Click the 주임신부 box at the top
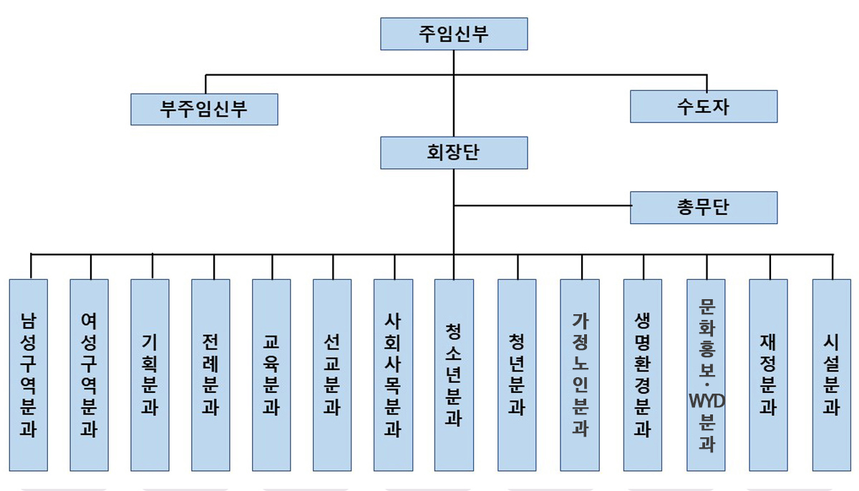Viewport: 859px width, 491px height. click(x=454, y=34)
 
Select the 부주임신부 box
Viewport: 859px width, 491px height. click(x=204, y=108)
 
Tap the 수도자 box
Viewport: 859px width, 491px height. click(x=704, y=106)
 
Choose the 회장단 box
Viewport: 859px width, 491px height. click(x=454, y=152)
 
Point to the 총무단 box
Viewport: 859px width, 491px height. click(x=704, y=208)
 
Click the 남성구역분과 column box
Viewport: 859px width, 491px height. click(x=29, y=374)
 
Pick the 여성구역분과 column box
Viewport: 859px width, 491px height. click(x=89, y=374)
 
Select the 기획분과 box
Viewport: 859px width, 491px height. click(x=150, y=374)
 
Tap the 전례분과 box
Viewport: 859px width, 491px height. click(x=211, y=374)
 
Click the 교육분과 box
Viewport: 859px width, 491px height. click(x=272, y=374)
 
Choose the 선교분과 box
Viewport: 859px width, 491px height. click(x=332, y=374)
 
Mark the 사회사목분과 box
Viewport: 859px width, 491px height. click(x=393, y=374)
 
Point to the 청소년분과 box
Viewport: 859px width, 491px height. click(x=454, y=374)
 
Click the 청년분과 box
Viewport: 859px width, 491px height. click(x=517, y=374)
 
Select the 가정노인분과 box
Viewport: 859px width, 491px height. click(x=580, y=374)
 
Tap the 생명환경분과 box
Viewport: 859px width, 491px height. click(x=643, y=374)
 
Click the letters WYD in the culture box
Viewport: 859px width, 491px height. click(x=706, y=400)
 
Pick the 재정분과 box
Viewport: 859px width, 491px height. click(x=769, y=374)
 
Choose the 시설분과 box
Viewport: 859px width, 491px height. click(x=832, y=374)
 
